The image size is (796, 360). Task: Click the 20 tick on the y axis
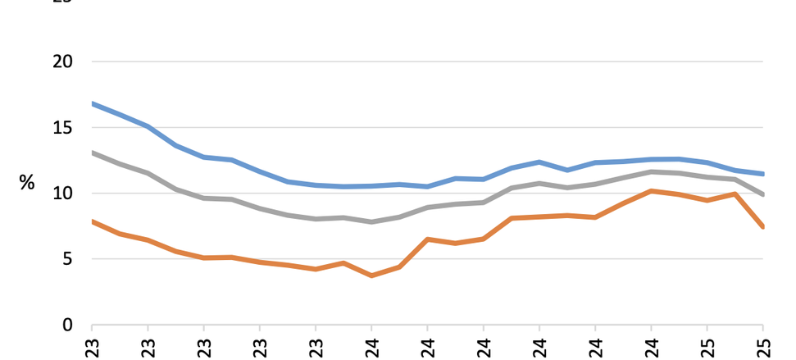click(x=63, y=62)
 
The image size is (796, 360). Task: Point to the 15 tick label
click(x=63, y=128)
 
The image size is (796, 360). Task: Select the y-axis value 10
click(x=63, y=194)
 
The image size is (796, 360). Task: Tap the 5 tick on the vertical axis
click(x=68, y=259)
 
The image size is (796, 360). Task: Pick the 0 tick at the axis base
click(x=68, y=325)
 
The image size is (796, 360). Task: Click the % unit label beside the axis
click(x=27, y=183)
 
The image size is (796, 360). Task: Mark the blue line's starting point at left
click(x=92, y=103)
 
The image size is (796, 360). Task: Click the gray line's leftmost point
click(x=92, y=153)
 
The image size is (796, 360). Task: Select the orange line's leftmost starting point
click(x=92, y=221)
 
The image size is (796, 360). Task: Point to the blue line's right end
click(x=763, y=174)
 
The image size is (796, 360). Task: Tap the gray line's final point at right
click(x=763, y=195)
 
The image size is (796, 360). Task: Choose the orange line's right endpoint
click(x=763, y=227)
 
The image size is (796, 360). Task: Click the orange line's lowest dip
click(x=371, y=276)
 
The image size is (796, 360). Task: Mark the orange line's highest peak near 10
click(x=651, y=191)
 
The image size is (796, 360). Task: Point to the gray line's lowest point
click(x=371, y=222)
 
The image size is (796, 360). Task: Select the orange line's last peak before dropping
click(x=735, y=194)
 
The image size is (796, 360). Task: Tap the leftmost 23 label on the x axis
click(x=92, y=347)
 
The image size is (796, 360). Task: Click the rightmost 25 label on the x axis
click(x=763, y=347)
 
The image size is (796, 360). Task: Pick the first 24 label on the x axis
click(x=371, y=347)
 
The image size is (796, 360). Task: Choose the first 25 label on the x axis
click(x=707, y=347)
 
